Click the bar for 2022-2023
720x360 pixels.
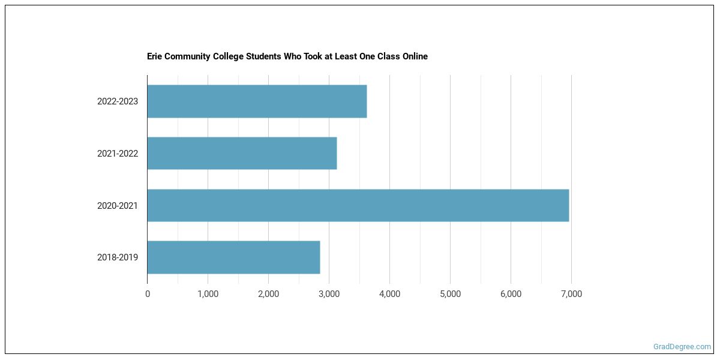pos(257,101)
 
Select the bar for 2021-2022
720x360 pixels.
pos(242,154)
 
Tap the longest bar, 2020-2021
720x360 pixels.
pos(358,205)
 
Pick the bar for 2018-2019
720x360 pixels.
pos(233,257)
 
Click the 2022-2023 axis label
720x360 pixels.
pos(118,101)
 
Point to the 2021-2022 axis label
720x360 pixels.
pos(118,154)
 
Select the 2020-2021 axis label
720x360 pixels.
pos(118,206)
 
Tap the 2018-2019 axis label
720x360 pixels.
pos(118,257)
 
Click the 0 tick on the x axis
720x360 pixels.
pos(148,294)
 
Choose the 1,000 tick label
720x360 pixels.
pos(208,294)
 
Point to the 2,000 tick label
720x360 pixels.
pos(268,294)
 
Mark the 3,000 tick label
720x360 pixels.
pos(329,294)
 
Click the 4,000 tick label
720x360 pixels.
pos(389,294)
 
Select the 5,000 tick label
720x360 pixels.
pos(450,294)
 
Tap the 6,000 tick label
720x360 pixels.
pos(511,294)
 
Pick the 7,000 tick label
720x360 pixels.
pos(571,294)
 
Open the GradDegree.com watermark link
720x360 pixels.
pos(682,347)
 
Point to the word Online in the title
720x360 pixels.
pos(414,56)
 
